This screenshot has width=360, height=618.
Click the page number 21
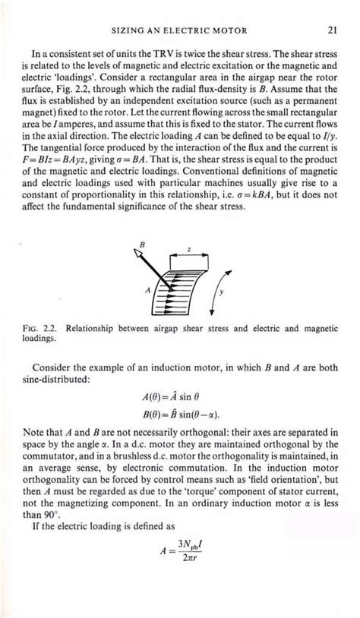point(332,30)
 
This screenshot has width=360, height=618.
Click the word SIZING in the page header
point(128,30)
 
